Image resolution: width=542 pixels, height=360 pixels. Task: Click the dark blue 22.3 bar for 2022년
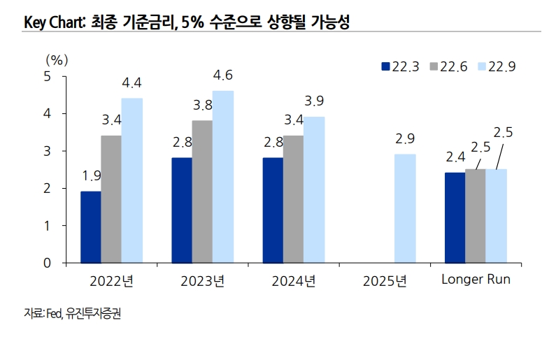pyautogui.click(x=91, y=227)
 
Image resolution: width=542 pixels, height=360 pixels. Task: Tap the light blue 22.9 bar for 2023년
pyautogui.click(x=223, y=177)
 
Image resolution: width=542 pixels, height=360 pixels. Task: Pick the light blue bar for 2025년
pyautogui.click(x=405, y=208)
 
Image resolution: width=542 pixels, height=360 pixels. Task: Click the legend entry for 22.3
pyautogui.click(x=399, y=66)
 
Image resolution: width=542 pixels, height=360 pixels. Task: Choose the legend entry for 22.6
pyautogui.click(x=447, y=66)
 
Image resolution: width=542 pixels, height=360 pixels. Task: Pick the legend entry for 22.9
pyautogui.click(x=495, y=66)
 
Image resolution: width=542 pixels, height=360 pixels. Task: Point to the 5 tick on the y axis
pyautogui.click(x=48, y=76)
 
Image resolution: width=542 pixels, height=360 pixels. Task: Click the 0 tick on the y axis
pyautogui.click(x=48, y=264)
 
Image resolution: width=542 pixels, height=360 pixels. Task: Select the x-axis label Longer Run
pyautogui.click(x=476, y=280)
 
